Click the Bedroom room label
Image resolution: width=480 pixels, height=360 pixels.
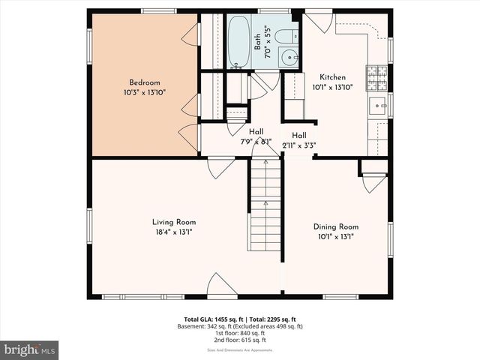click(144, 82)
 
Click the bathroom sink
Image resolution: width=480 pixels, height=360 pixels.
click(287, 58)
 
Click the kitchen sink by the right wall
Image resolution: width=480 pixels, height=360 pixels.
click(377, 104)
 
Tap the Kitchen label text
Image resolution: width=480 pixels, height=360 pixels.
click(332, 77)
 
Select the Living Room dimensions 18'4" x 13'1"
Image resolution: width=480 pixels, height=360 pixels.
click(173, 232)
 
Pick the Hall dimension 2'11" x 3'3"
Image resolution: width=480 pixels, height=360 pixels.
click(298, 145)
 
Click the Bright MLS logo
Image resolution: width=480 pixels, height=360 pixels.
click(30, 349)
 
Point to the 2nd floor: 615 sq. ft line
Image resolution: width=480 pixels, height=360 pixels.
click(239, 341)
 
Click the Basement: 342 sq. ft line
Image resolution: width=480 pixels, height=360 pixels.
click(239, 326)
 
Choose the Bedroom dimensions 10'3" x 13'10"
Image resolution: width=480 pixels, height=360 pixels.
click(144, 92)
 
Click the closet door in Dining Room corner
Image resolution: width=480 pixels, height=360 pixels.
click(373, 181)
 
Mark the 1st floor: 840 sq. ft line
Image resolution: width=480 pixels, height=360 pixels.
click(239, 334)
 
